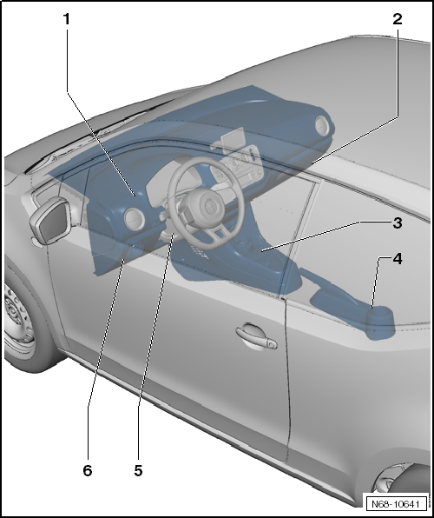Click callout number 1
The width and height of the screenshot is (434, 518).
66,18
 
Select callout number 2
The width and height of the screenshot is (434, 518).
398,17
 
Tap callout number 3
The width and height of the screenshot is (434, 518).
397,222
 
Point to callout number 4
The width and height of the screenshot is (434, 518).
397,259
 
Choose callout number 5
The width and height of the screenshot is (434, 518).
138,470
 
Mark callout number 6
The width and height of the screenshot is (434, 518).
87,470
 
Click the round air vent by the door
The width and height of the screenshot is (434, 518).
135,220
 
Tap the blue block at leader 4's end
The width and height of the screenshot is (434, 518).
380,325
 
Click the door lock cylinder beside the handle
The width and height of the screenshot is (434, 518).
273,344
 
